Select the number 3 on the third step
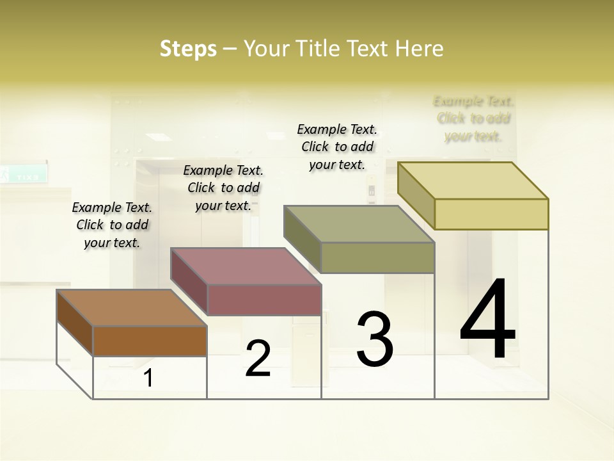(x=374, y=339)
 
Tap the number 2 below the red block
(x=258, y=358)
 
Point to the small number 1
(x=148, y=378)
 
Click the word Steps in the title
(x=188, y=49)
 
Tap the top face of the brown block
(x=132, y=308)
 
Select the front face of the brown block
(x=150, y=341)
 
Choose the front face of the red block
(x=264, y=300)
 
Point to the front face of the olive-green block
(x=377, y=257)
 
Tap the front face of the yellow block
(x=491, y=214)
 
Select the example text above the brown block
(x=112, y=225)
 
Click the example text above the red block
(x=223, y=188)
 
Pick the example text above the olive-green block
(x=337, y=147)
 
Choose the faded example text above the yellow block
(x=473, y=118)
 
